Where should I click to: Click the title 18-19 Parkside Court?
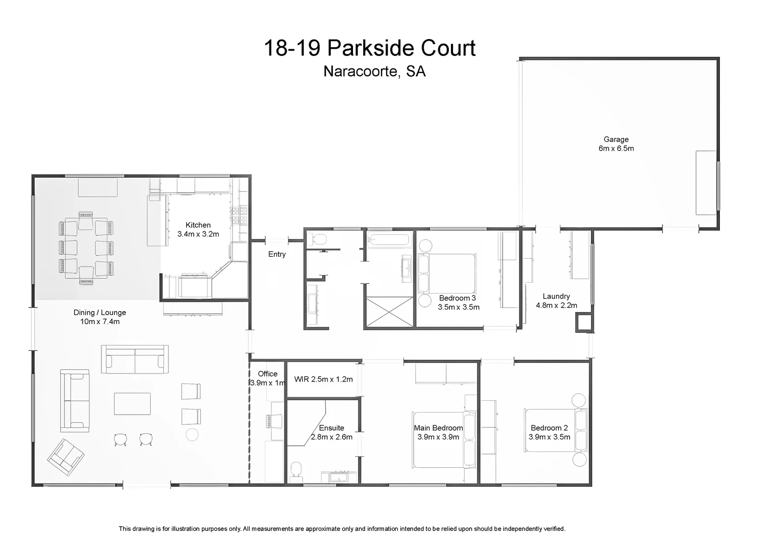point(369,49)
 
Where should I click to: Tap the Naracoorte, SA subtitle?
point(374,72)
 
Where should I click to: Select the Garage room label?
point(616,144)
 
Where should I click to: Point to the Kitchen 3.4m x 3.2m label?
point(198,229)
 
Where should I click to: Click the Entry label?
point(277,254)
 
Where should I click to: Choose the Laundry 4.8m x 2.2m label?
point(556,301)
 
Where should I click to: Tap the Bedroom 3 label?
point(458,302)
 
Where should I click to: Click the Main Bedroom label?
point(438,432)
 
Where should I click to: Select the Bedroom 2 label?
point(549,432)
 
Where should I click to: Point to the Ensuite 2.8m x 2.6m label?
point(331,432)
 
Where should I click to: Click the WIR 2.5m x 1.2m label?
point(323,379)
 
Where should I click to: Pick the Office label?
point(267,378)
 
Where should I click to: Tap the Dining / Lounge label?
point(99,317)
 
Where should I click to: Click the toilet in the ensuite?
point(297,470)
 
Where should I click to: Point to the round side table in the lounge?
point(192,434)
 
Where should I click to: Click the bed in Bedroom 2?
point(555,430)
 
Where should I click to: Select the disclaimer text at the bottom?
point(342,529)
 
